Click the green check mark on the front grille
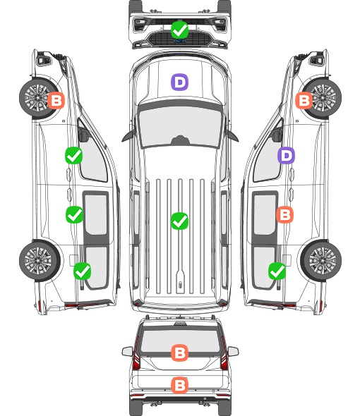[179, 30]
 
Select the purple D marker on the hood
[179, 82]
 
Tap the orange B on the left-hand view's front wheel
[56, 101]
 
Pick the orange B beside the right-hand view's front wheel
[304, 101]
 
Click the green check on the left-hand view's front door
[74, 155]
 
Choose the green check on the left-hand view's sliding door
[74, 214]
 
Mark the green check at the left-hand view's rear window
[83, 271]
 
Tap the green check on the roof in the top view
[179, 221]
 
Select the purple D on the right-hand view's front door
[286, 155]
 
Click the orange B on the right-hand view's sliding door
[284, 214]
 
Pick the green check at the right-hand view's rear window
[277, 271]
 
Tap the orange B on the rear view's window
[179, 353]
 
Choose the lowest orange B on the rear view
[179, 385]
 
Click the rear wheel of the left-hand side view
[40, 261]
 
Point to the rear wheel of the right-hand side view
[321, 261]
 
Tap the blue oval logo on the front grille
[180, 41]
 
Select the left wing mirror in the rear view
[128, 352]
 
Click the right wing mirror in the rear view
[233, 352]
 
